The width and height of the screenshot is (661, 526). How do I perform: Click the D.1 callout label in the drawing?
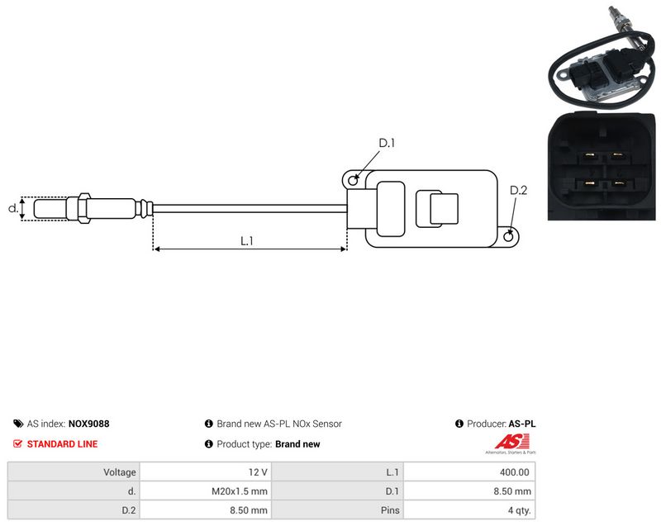click(x=387, y=143)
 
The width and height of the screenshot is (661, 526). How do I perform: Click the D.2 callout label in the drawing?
click(x=518, y=191)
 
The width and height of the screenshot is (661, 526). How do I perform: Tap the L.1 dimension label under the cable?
click(x=246, y=241)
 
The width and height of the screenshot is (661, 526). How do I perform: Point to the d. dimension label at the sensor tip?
click(x=13, y=207)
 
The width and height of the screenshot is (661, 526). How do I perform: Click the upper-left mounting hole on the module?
click(x=354, y=181)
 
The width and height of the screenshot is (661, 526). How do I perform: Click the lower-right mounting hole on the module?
click(x=509, y=237)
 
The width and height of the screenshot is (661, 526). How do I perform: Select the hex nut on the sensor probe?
click(x=83, y=208)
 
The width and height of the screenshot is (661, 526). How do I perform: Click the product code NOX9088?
click(x=88, y=424)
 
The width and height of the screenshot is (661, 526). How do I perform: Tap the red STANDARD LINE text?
click(x=62, y=444)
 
